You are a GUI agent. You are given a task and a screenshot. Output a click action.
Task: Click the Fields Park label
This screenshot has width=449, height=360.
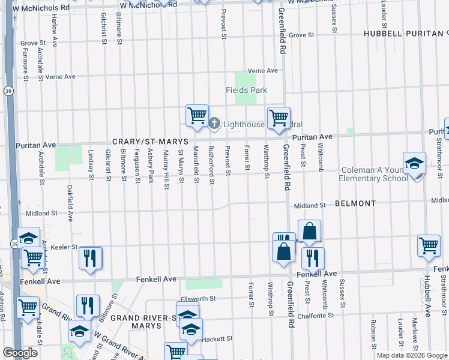246,91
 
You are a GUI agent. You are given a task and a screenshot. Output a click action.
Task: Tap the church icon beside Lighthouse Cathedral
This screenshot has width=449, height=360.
215,124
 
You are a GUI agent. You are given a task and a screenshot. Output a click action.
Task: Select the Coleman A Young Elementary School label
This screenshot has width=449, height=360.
373,174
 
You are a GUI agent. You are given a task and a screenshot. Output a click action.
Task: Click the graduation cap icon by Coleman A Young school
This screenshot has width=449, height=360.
414,164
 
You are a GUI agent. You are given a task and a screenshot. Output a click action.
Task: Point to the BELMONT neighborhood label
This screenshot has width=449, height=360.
355,204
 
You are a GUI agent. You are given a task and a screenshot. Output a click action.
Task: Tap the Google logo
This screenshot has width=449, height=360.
20,353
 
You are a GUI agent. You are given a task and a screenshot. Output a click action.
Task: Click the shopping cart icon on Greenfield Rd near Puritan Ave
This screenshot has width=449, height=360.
279,118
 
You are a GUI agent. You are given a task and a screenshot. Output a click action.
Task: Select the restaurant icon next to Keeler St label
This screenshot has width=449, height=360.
91,258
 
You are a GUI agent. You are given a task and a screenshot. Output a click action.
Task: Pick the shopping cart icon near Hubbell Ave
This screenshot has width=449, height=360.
429,246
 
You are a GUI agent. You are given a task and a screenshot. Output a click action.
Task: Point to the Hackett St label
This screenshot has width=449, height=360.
217,339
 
